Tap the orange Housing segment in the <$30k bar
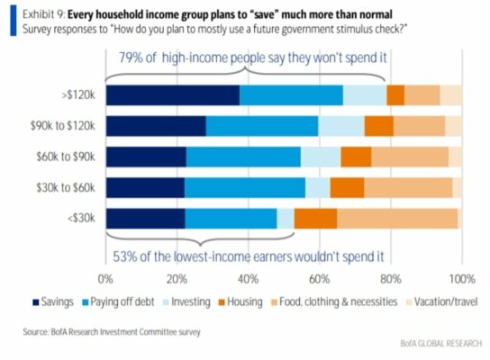(315, 218)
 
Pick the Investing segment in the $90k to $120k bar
(340, 126)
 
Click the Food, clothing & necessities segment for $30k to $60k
(407, 187)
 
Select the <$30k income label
(83, 218)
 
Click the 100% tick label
(461, 277)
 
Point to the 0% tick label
(106, 277)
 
